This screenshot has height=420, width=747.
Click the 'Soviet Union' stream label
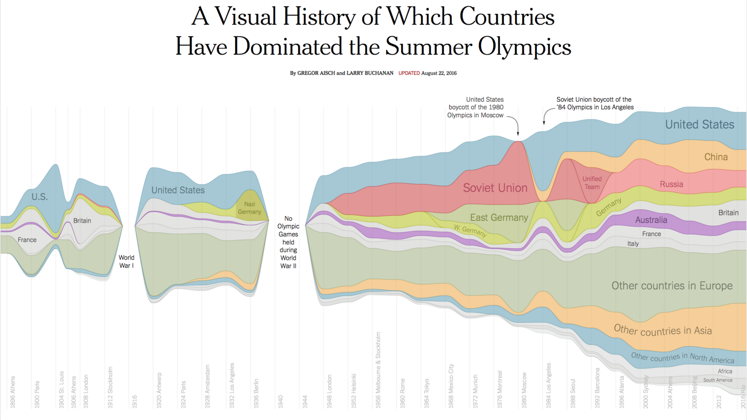[x=495, y=188]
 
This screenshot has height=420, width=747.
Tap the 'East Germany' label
[x=499, y=217]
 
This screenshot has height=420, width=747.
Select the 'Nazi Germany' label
[x=249, y=208]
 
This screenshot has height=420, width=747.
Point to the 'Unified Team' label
[x=592, y=183]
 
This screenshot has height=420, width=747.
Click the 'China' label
[x=716, y=157]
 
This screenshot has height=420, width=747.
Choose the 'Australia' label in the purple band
[x=651, y=220]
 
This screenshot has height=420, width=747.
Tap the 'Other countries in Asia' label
[x=662, y=330]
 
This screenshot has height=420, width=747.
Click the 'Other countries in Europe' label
[x=672, y=286]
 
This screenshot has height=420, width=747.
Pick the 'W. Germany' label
[x=470, y=230]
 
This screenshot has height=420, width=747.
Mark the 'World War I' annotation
[x=126, y=261]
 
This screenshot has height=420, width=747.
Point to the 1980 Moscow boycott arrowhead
[x=518, y=134]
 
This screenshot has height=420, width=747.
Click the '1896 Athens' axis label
[x=13, y=392]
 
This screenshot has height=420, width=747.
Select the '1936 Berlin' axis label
[x=256, y=393]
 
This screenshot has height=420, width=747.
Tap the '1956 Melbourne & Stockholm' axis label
[x=378, y=370]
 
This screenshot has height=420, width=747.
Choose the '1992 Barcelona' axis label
[x=597, y=388]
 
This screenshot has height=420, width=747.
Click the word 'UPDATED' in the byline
[x=409, y=73]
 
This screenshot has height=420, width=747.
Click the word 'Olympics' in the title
[x=524, y=47]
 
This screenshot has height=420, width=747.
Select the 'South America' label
[x=718, y=380]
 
